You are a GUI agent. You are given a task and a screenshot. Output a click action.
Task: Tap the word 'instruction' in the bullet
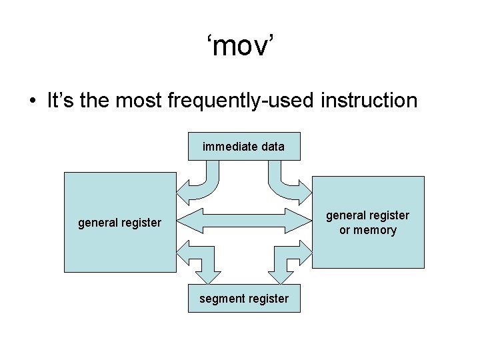[369, 101]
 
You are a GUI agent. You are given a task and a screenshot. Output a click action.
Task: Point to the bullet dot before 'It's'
[32, 102]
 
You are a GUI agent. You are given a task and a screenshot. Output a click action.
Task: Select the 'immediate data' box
[244, 147]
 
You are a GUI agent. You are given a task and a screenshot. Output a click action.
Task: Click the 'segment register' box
[244, 299]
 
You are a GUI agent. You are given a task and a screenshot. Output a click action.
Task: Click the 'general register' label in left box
[119, 223]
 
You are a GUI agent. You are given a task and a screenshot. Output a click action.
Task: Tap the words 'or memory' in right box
[368, 231]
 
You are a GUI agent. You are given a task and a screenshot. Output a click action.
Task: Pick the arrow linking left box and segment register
[200, 260]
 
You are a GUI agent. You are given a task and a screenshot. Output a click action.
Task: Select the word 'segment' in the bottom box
[221, 299]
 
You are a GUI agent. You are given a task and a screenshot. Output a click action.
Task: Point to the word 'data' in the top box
[273, 147]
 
